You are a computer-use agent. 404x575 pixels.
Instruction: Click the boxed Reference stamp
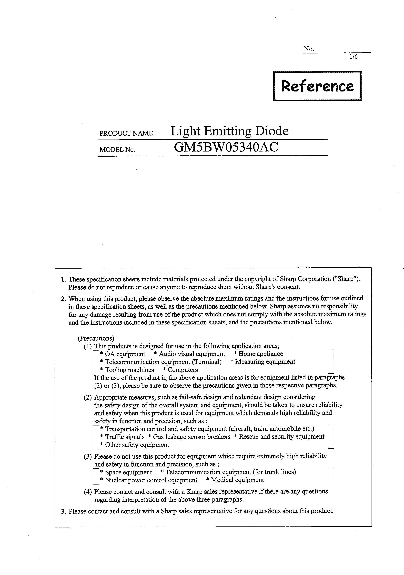[x=317, y=86]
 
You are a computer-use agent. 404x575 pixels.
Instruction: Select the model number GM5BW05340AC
[x=226, y=147]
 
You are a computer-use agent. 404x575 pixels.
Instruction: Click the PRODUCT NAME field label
[x=126, y=133]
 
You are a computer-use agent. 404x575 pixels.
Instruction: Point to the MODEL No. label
[x=117, y=150]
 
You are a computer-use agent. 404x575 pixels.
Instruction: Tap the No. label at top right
[x=309, y=49]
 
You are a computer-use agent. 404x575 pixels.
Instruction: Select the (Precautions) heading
[x=96, y=338]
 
